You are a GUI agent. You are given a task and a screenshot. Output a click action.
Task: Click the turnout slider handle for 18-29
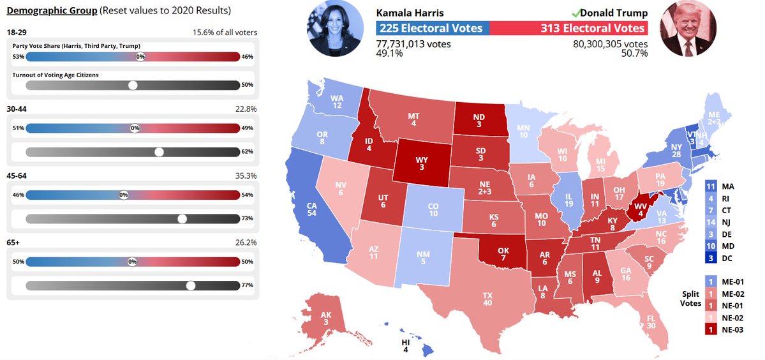point(133,85)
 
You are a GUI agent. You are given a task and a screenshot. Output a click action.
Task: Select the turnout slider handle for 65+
point(190,285)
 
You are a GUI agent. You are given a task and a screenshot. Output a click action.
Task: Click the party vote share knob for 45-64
point(124,194)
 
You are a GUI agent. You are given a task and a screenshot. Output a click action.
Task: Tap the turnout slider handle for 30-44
point(160,152)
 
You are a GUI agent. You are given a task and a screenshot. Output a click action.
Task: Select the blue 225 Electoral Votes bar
point(433,28)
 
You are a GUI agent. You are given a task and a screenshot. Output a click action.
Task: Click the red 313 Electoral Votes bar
point(568,28)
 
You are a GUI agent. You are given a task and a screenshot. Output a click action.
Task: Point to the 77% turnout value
point(248,285)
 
